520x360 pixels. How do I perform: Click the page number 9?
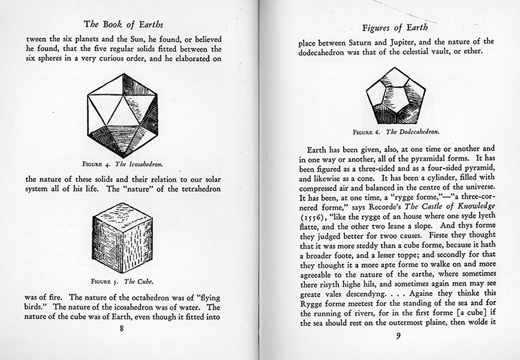(396, 335)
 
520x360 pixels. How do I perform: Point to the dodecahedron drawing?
(396, 95)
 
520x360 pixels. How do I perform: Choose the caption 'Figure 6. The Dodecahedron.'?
(396, 131)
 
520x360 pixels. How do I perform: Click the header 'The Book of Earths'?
(123, 25)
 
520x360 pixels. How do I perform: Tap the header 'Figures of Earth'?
(397, 28)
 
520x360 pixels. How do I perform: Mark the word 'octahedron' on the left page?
(151, 297)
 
